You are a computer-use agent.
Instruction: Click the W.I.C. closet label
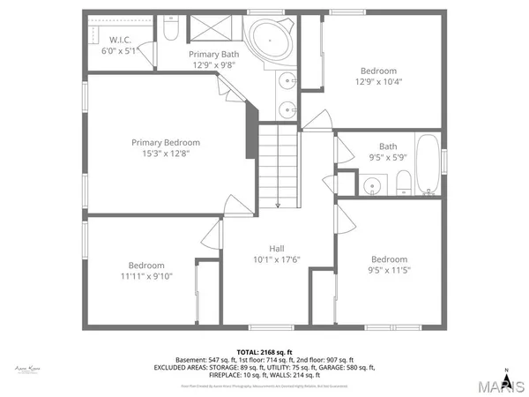click(x=120, y=40)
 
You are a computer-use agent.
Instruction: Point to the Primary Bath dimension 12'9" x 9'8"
click(x=214, y=64)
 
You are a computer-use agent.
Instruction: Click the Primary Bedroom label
click(x=166, y=142)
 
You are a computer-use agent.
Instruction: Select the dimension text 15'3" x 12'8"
click(x=166, y=154)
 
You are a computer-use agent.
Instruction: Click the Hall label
click(x=277, y=248)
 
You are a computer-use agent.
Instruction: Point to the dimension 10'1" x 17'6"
click(x=277, y=259)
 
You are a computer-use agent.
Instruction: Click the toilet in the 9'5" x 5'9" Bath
click(x=403, y=184)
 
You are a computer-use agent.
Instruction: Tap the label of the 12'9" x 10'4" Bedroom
click(x=378, y=71)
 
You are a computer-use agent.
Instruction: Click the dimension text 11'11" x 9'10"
click(x=145, y=277)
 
